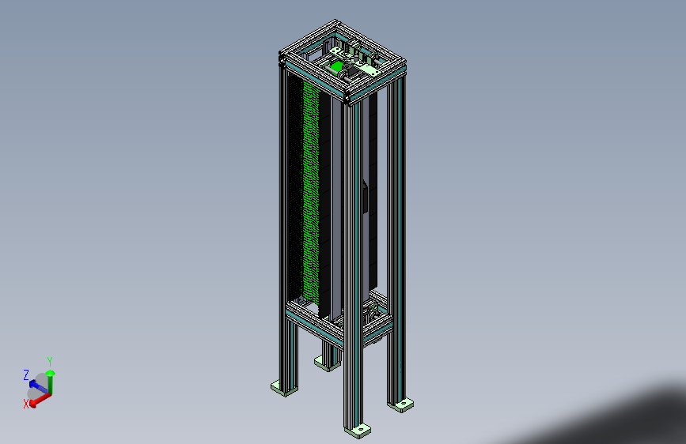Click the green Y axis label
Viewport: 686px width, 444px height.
click(50, 361)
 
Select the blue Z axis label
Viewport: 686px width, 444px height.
click(26, 374)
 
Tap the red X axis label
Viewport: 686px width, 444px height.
click(26, 404)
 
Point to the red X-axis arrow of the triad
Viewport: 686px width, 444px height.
click(40, 398)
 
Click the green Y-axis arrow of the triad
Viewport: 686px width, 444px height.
click(51, 381)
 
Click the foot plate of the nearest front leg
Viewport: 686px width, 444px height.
click(358, 431)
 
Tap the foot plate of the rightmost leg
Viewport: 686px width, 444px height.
click(403, 404)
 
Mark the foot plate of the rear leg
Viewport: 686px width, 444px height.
click(324, 363)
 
